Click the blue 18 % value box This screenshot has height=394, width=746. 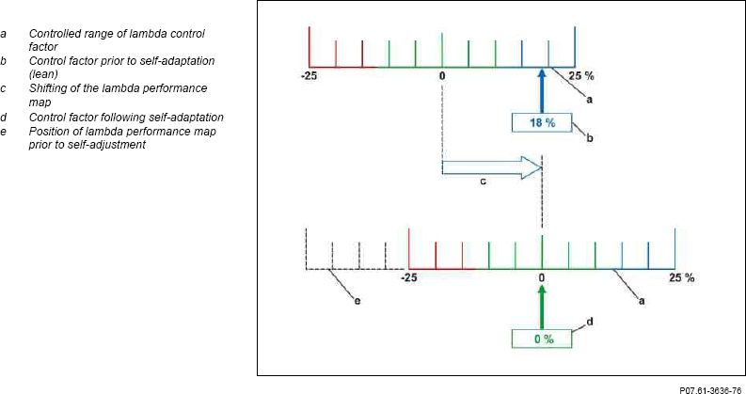point(543,123)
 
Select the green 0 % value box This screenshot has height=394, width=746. point(543,339)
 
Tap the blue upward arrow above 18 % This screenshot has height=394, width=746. point(542,91)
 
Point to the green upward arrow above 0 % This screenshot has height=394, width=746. point(542,307)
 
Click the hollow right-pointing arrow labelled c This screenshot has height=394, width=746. point(492,167)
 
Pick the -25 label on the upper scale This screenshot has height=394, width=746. point(310,76)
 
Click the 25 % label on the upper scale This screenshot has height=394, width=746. point(581,76)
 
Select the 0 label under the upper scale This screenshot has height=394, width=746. point(442,76)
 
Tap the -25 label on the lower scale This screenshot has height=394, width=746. point(409,278)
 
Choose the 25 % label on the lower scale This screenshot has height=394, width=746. point(681,278)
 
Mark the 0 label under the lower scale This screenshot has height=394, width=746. point(542,278)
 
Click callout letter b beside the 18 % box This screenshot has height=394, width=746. point(590,139)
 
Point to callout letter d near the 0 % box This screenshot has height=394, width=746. point(590,323)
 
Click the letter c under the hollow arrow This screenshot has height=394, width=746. point(483,181)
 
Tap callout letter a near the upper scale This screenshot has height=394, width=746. point(590,99)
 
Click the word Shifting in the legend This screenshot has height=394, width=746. point(46,89)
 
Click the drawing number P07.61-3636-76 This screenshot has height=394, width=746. point(710,389)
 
